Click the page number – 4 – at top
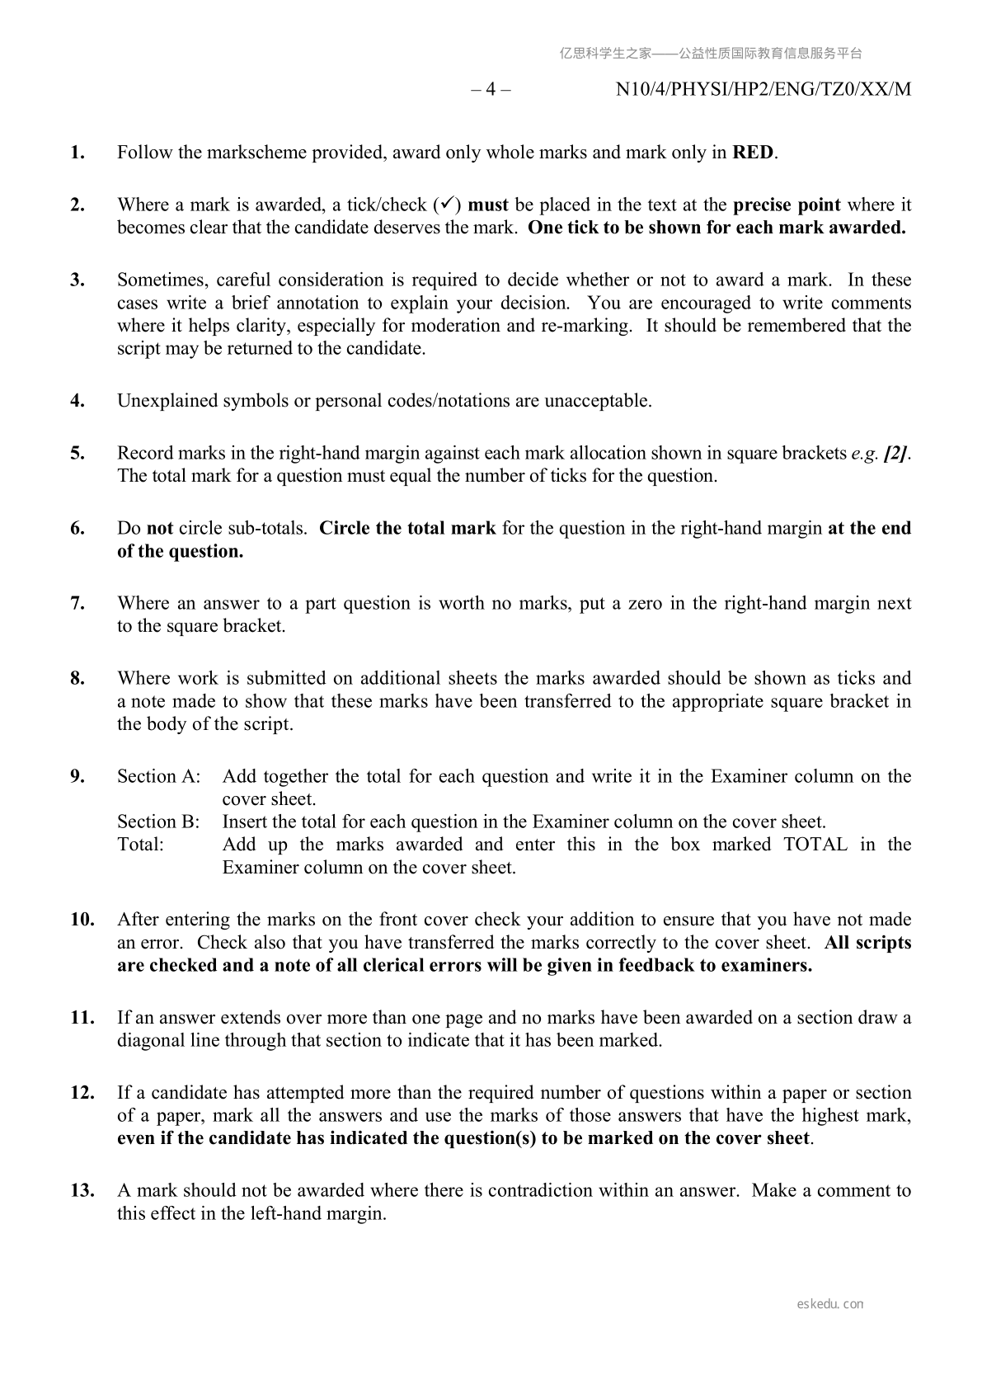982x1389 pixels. pyautogui.click(x=491, y=89)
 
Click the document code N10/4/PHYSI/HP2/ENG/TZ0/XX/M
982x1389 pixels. pyautogui.click(x=764, y=89)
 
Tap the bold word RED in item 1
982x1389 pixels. pyautogui.click(x=754, y=153)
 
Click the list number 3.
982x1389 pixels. pyautogui.click(x=78, y=280)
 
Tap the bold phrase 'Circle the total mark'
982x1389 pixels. pyautogui.click(x=407, y=528)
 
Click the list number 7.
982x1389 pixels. pyautogui.click(x=78, y=603)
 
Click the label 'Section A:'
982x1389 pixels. pyautogui.click(x=158, y=776)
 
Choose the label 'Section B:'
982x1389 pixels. pyautogui.click(x=158, y=822)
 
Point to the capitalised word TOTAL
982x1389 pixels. pyautogui.click(x=815, y=844)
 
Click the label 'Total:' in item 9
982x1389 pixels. pyautogui.click(x=140, y=844)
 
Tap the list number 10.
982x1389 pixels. pyautogui.click(x=82, y=919)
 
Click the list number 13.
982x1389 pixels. pyautogui.click(x=82, y=1190)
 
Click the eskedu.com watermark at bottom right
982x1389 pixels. pyautogui.click(x=830, y=1304)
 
